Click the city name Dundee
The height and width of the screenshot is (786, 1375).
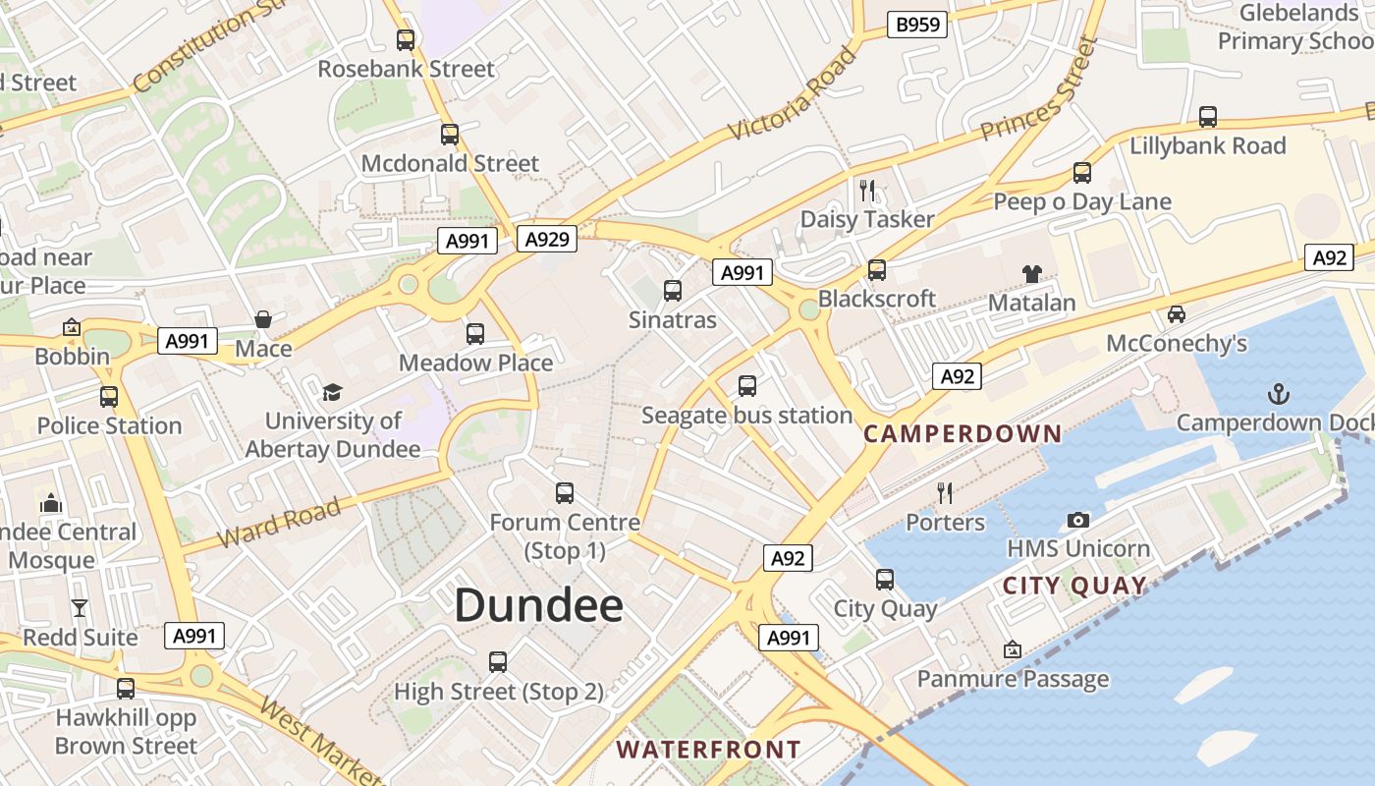pyautogui.click(x=538, y=605)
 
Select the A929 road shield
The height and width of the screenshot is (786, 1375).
pyautogui.click(x=547, y=239)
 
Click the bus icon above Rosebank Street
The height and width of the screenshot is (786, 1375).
pyautogui.click(x=406, y=40)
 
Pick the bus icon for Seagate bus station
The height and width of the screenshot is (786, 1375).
pyautogui.click(x=747, y=386)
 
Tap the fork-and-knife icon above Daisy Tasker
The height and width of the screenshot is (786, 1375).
pyautogui.click(x=867, y=190)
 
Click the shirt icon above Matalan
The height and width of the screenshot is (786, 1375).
pyautogui.click(x=1031, y=274)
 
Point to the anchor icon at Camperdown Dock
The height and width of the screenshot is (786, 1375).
pyautogui.click(x=1278, y=395)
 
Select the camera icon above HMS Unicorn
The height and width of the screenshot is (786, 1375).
pyautogui.click(x=1077, y=520)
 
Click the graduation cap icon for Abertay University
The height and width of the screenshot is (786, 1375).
pyautogui.click(x=332, y=393)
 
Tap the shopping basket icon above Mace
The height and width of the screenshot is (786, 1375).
pyautogui.click(x=263, y=319)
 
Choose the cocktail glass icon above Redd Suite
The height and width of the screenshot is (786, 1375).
pyautogui.click(x=80, y=608)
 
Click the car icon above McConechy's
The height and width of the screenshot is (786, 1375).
pyautogui.click(x=1176, y=314)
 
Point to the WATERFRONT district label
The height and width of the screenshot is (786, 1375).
pyautogui.click(x=708, y=750)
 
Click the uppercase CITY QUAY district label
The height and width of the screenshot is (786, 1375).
pyautogui.click(x=1074, y=587)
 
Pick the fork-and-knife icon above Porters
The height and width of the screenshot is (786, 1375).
pyautogui.click(x=945, y=492)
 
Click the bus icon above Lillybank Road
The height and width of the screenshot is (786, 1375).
pyautogui.click(x=1208, y=117)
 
